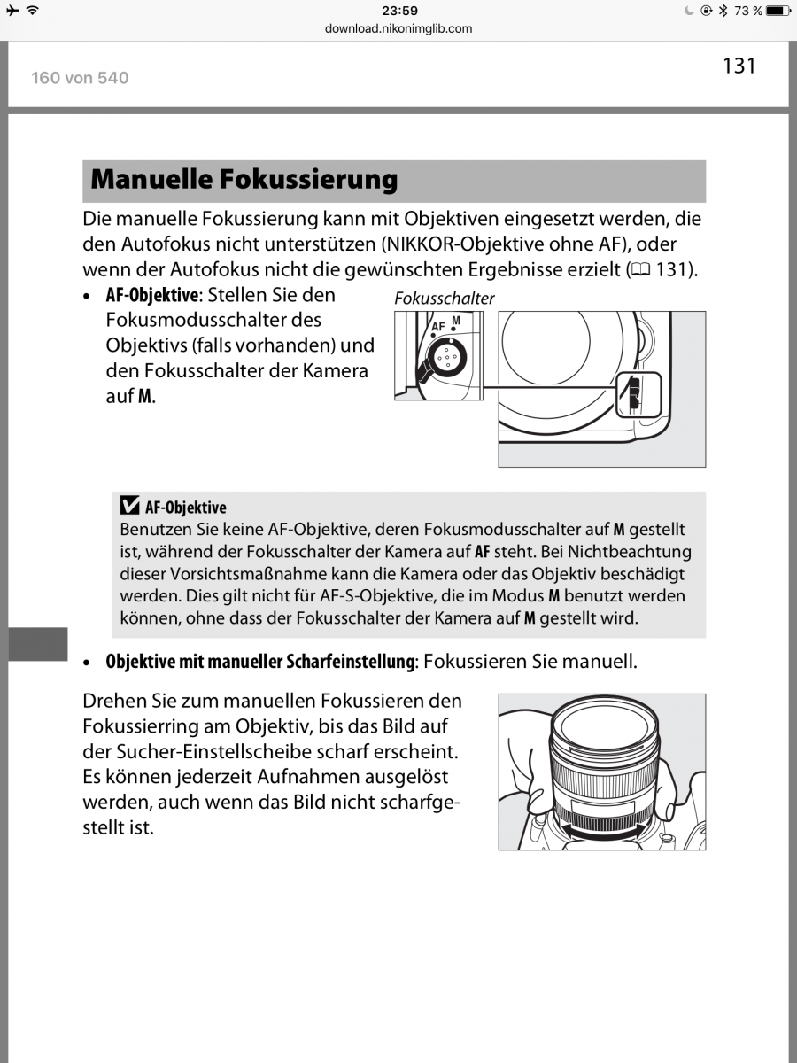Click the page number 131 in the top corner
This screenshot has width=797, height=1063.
pos(739,66)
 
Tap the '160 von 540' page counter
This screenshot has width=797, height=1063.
pos(80,78)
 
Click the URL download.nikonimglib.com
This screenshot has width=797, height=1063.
pos(398,28)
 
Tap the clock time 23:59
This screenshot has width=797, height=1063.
pos(399,11)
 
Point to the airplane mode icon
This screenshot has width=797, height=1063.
pos(13,10)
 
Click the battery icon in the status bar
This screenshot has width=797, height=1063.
pos(778,10)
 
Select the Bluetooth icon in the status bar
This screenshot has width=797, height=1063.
pos(723,10)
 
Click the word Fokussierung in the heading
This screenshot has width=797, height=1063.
pos(308,180)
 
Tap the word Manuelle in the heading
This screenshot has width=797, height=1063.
pos(151,179)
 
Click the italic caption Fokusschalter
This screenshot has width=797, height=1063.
pos(445,299)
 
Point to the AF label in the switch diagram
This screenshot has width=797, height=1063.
pos(437,327)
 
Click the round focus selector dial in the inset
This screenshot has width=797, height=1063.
pos(447,357)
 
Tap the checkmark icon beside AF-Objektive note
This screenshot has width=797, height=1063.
pos(129,505)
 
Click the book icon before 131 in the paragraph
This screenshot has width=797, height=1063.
pos(640,270)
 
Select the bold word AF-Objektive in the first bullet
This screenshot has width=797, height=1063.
pos(152,295)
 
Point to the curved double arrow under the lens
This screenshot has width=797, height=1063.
pos(602,831)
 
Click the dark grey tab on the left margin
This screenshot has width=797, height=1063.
pos(38,644)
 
